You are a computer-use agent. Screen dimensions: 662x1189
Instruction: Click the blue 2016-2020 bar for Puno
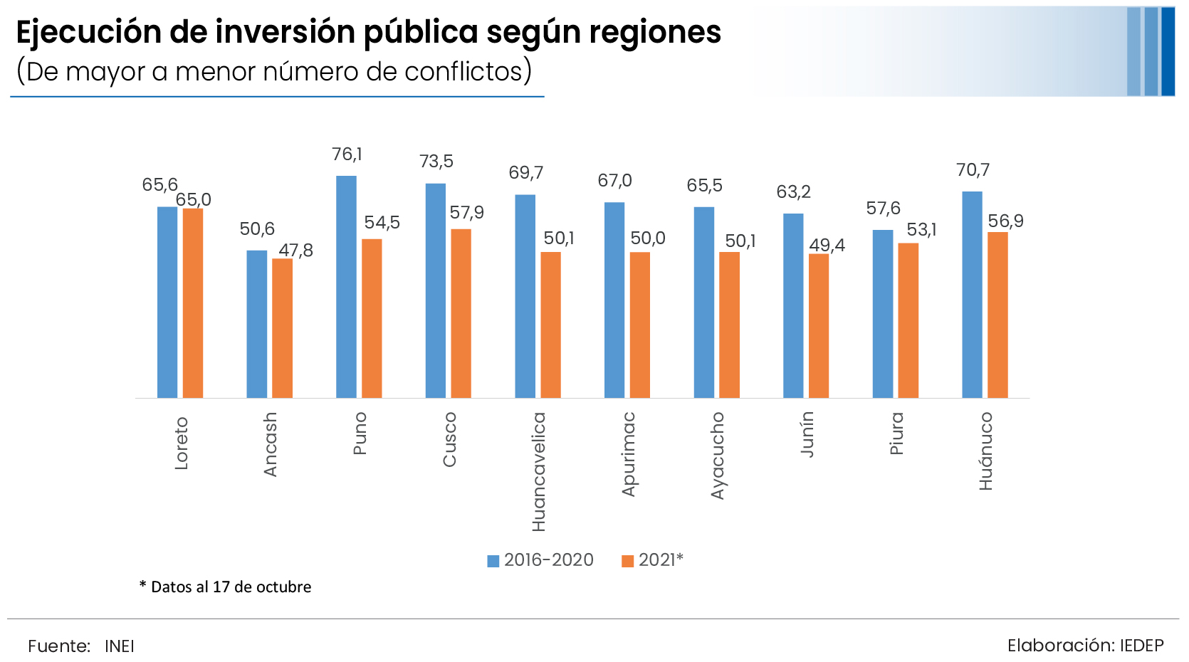[346, 287]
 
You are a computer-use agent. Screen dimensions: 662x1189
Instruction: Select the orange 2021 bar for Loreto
[193, 303]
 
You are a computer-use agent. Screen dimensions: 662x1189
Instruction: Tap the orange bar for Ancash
[282, 328]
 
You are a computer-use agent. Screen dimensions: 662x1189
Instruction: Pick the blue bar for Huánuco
[972, 295]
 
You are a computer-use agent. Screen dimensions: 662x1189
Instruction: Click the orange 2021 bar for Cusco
[461, 313]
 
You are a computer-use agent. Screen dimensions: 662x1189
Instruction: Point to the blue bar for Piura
[883, 314]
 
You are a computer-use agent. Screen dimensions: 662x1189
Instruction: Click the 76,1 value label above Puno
[347, 154]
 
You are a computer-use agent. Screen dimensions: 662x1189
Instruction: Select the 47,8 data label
[295, 251]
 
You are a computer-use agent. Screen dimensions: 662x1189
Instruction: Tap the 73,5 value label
[436, 162]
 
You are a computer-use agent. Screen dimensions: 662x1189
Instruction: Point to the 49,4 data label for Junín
[827, 246]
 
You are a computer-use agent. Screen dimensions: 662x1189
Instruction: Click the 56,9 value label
[1005, 221]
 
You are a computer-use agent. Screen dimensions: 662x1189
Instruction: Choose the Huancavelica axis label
[539, 472]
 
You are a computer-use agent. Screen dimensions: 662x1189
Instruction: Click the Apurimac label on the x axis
[628, 454]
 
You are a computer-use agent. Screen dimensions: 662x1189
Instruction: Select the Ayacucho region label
[718, 456]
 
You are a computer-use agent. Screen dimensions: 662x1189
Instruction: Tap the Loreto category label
[182, 443]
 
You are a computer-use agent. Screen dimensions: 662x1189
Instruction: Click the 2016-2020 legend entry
[540, 560]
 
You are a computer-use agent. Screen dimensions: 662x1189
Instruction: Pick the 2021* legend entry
[653, 560]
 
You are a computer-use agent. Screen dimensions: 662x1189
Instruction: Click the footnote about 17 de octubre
[226, 587]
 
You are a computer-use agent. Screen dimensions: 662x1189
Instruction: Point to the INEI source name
[120, 646]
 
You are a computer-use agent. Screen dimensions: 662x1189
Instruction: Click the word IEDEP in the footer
[1141, 646]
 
